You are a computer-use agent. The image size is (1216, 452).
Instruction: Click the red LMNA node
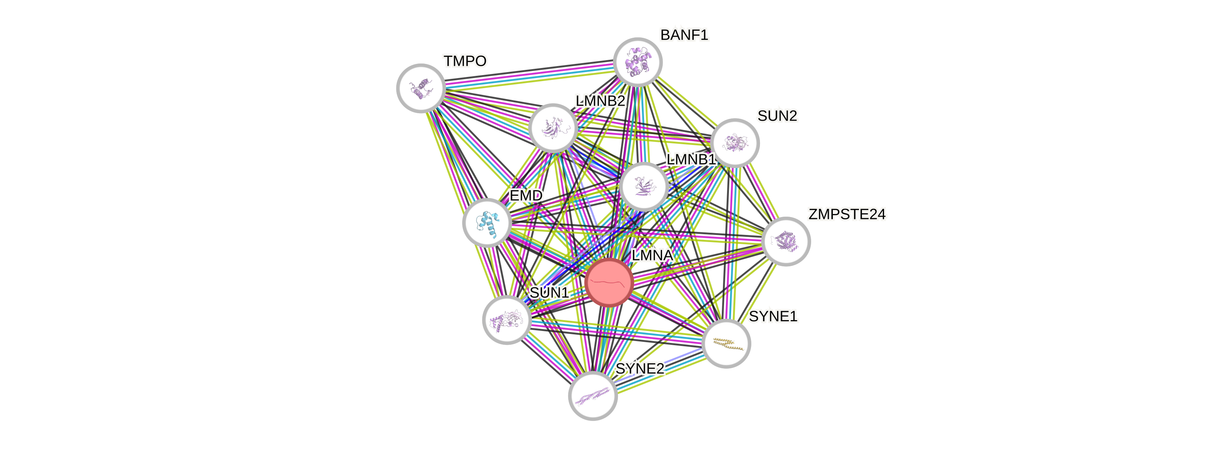click(x=609, y=282)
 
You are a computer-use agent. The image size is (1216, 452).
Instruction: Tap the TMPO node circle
click(x=421, y=88)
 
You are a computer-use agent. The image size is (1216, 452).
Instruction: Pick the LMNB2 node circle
click(x=553, y=128)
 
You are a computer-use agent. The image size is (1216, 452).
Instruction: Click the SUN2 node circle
click(x=735, y=142)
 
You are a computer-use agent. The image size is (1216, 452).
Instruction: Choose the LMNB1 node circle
click(x=643, y=186)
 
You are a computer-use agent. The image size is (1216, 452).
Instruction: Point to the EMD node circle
click(x=487, y=223)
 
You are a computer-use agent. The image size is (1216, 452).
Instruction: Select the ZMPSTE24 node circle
click(x=786, y=241)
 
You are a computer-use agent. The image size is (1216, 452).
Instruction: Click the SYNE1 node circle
click(x=726, y=343)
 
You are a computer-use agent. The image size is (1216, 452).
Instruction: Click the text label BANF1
click(x=684, y=35)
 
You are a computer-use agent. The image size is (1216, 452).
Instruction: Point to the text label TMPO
click(x=465, y=61)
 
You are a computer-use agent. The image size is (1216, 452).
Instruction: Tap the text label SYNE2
click(x=640, y=368)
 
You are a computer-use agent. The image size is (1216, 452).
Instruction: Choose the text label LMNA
click(x=652, y=255)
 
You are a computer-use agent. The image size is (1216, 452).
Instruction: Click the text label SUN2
click(x=778, y=115)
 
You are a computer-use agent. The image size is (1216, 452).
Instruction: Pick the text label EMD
click(x=526, y=195)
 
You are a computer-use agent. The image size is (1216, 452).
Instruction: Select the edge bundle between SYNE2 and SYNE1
click(x=660, y=369)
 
